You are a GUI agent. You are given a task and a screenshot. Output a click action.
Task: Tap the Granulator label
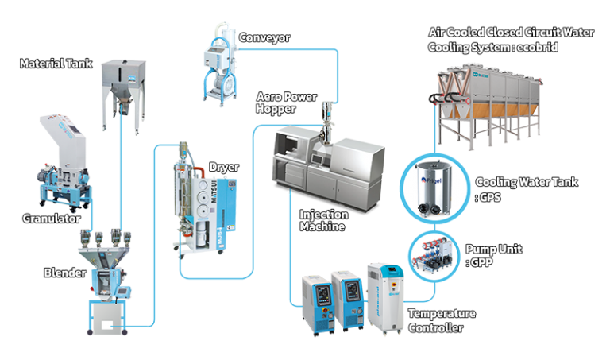[52, 216]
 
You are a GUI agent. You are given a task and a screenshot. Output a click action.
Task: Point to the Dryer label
[223, 168]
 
